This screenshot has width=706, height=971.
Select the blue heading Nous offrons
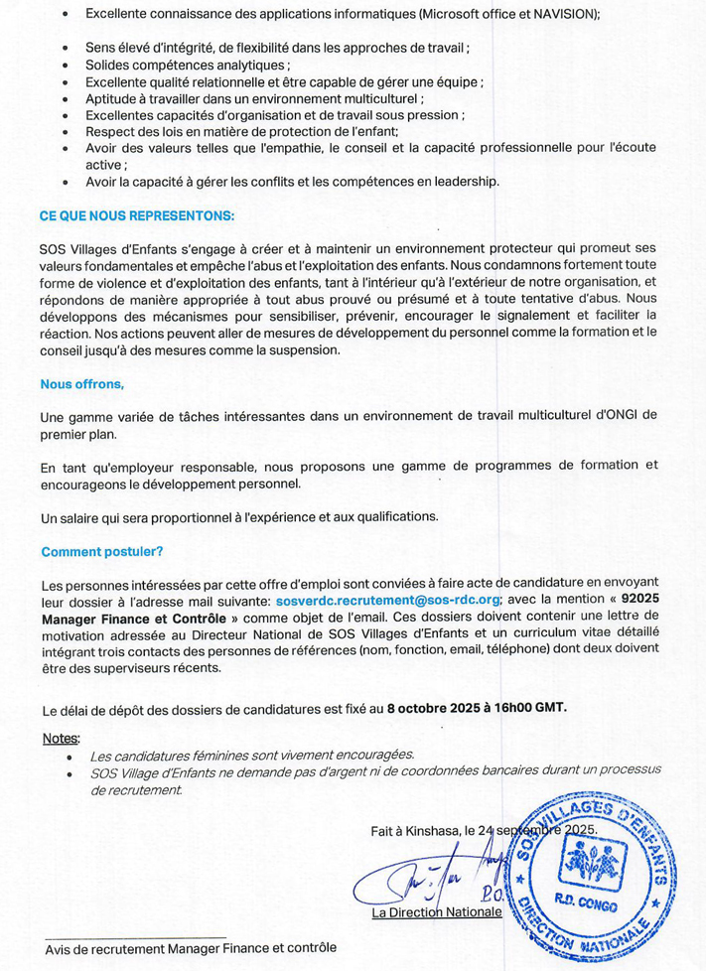(82, 383)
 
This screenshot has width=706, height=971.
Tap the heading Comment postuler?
(102, 551)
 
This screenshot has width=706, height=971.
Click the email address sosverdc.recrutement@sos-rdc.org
(388, 601)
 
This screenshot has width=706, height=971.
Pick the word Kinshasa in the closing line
(431, 829)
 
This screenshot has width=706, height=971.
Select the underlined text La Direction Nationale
(437, 912)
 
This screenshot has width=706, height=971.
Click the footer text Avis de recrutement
(104, 948)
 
